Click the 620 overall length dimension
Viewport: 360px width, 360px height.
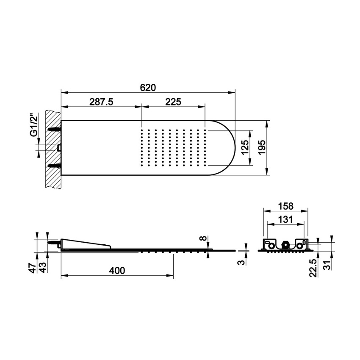coord(148,88)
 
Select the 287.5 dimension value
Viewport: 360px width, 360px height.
coord(101,102)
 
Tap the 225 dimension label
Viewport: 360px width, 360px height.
coord(173,102)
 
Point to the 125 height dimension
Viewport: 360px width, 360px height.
coord(245,148)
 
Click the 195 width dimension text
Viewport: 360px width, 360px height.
coord(262,148)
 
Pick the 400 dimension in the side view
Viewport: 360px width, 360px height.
coord(117,271)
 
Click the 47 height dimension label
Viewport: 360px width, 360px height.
coord(33,268)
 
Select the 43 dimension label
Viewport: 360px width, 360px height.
coord(43,268)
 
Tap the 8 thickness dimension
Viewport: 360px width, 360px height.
coord(203,238)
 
